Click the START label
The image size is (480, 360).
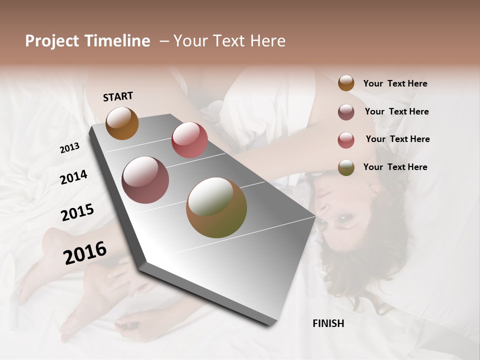click(x=118, y=96)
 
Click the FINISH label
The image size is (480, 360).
click(x=328, y=323)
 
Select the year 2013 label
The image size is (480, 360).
click(x=70, y=148)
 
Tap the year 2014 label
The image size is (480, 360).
click(x=73, y=177)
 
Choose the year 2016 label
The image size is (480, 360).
click(x=85, y=253)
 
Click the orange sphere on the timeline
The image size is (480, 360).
click(x=122, y=123)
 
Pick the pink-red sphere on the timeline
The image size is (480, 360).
click(x=189, y=140)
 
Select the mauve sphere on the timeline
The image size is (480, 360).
click(x=145, y=180)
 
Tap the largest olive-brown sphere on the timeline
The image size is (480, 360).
click(x=216, y=207)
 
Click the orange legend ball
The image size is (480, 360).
click(x=346, y=83)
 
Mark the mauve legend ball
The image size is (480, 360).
click(x=346, y=111)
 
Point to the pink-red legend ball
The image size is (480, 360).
click(x=346, y=139)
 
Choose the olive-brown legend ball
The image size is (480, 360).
click(x=346, y=167)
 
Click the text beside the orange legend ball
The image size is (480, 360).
click(x=395, y=84)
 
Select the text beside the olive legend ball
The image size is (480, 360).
click(x=395, y=167)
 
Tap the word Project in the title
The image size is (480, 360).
click(x=52, y=41)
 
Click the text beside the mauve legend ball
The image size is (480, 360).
click(x=396, y=111)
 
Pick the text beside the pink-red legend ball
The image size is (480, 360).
click(x=397, y=139)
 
